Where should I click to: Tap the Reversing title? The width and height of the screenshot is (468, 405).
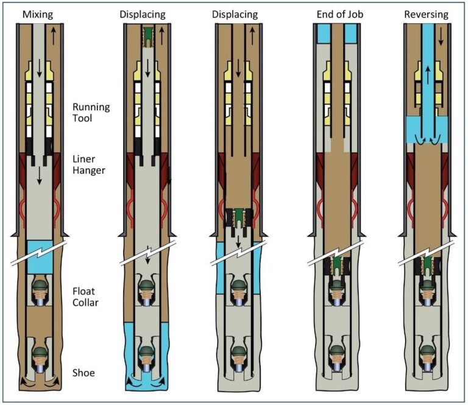[x=425, y=13]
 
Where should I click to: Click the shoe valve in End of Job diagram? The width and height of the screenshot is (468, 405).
[x=336, y=358]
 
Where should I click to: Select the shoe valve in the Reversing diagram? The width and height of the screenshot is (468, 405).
[x=428, y=358]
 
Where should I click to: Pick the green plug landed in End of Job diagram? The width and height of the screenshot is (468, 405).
[x=336, y=266]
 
